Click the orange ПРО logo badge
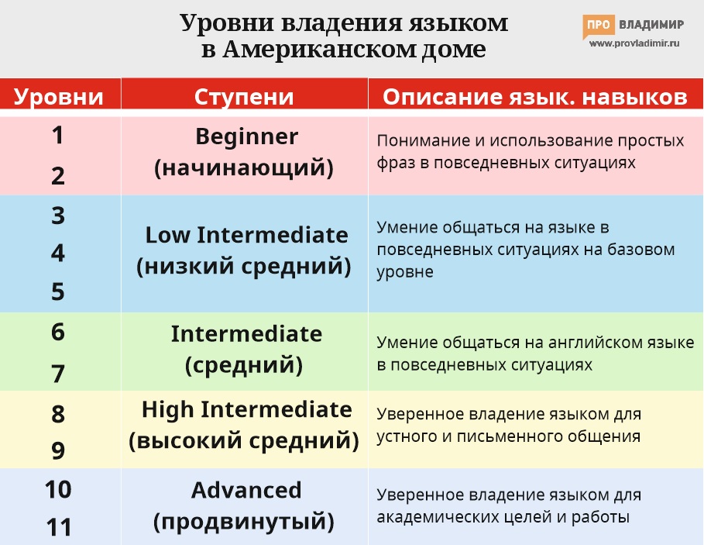coord(598,26)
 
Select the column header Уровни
coord(59,97)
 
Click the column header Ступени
coord(244,97)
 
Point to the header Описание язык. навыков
coord(535,97)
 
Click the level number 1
coord(58,136)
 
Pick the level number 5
coord(58,291)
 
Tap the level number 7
coord(58,374)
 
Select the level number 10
coord(58,490)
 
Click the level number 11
coord(58,528)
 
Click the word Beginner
coord(246,137)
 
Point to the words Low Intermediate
coord(246,235)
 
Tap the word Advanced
coord(246,490)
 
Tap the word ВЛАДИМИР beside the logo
coord(651,25)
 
